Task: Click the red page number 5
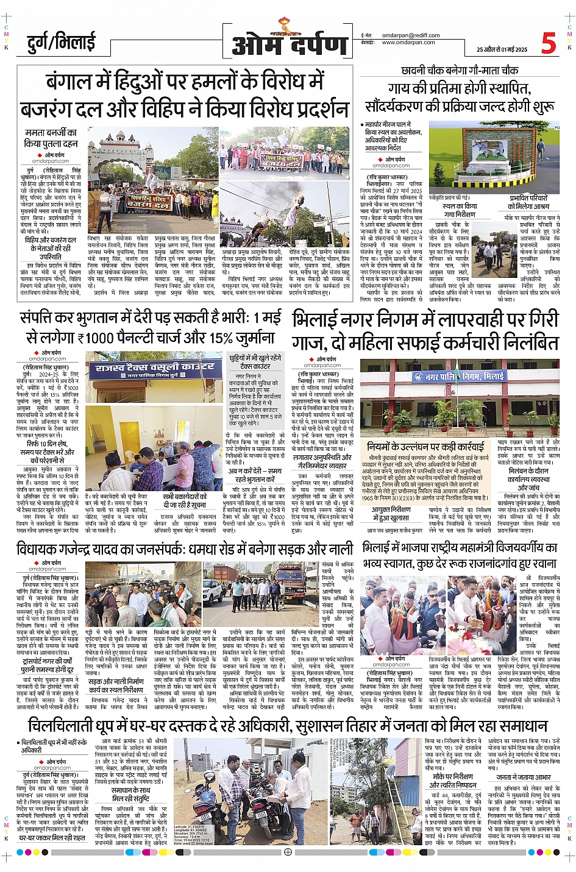click(x=549, y=43)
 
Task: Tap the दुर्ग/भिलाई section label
click(x=61, y=42)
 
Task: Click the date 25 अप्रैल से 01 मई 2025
click(x=502, y=49)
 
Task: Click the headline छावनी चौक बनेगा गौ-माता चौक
click(x=460, y=70)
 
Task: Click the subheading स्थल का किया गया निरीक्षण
click(x=460, y=210)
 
